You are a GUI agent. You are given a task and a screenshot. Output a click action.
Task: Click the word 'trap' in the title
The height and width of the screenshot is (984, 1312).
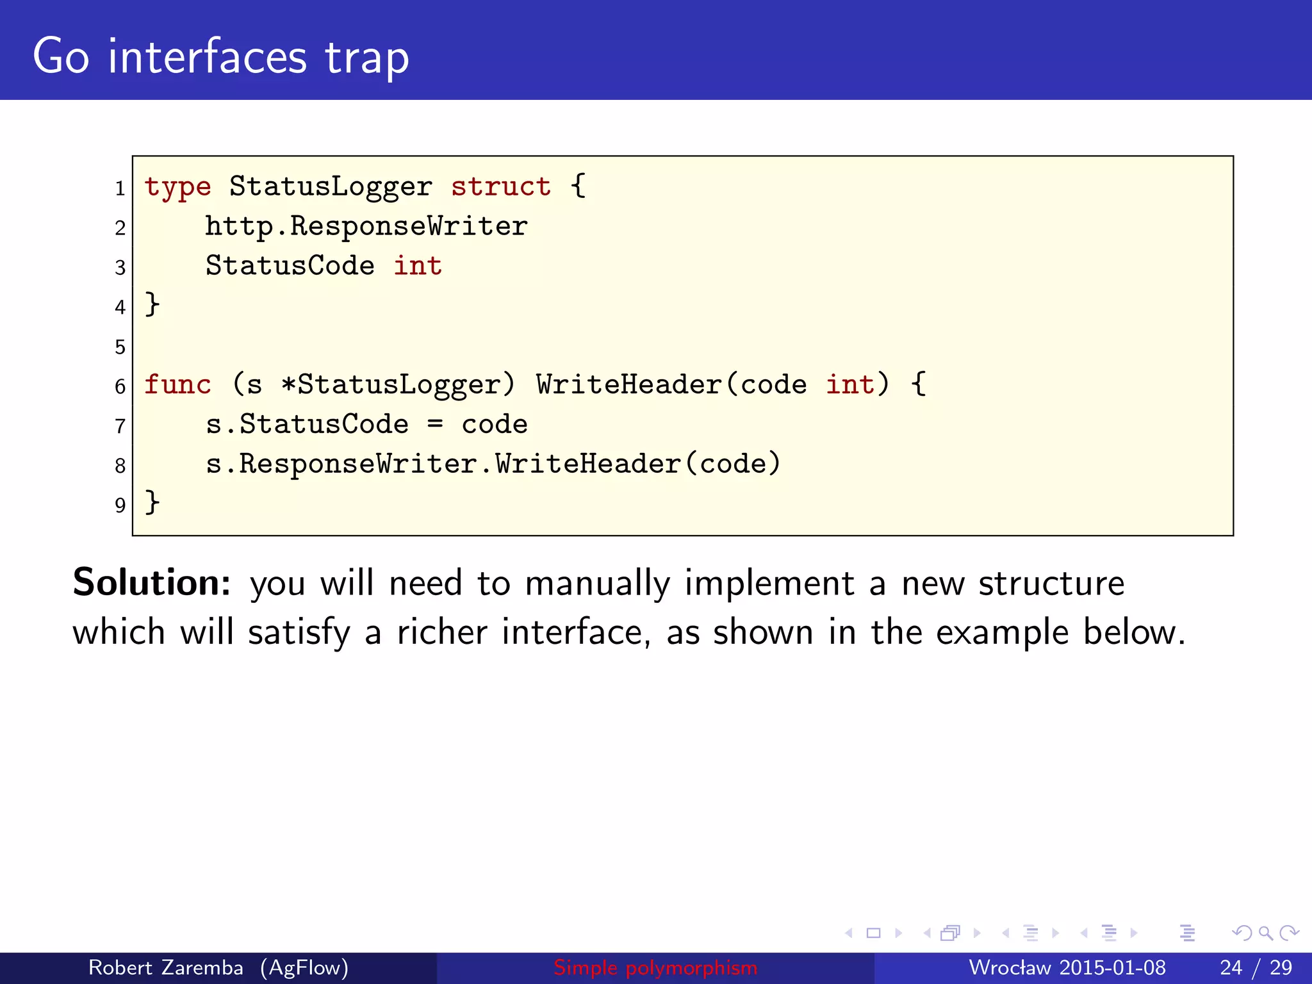click(366, 58)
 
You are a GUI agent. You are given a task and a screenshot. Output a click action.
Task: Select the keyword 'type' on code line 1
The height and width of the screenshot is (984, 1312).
click(177, 186)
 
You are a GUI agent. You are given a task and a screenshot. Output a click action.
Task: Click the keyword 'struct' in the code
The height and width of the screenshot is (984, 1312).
click(500, 186)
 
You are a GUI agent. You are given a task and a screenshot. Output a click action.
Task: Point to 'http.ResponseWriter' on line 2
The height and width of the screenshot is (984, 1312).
click(366, 226)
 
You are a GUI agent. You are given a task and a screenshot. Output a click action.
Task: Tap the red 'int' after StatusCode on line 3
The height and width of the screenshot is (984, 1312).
click(417, 266)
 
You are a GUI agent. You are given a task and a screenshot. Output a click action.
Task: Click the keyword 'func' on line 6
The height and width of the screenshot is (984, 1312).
click(177, 384)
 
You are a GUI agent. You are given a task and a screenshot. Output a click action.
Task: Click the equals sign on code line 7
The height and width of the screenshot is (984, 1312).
click(436, 424)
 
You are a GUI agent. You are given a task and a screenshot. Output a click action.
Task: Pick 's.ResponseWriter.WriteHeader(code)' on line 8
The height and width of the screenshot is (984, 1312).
click(493, 464)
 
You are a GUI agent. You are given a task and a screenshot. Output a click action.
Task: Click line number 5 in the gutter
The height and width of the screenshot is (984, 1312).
click(120, 347)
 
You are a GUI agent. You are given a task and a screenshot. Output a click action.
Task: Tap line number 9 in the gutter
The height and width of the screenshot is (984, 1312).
click(120, 505)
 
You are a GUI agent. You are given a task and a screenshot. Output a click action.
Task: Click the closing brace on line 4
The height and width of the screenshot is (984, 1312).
click(152, 304)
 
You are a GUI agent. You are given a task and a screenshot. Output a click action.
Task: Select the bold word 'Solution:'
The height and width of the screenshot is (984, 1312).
click(152, 582)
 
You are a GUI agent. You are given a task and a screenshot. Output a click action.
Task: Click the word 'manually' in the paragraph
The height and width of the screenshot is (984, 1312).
click(597, 584)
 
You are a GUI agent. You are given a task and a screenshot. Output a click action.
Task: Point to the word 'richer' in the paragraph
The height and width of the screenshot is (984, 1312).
click(442, 632)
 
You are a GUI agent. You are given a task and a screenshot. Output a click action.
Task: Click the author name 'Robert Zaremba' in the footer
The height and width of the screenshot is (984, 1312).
click(165, 967)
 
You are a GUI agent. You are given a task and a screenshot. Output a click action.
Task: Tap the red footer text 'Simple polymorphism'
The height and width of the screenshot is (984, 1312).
click(655, 967)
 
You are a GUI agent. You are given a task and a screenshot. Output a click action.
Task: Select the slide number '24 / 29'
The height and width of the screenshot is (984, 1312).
click(1256, 967)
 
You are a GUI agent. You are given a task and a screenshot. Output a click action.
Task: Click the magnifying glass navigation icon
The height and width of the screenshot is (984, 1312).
click(1265, 933)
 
